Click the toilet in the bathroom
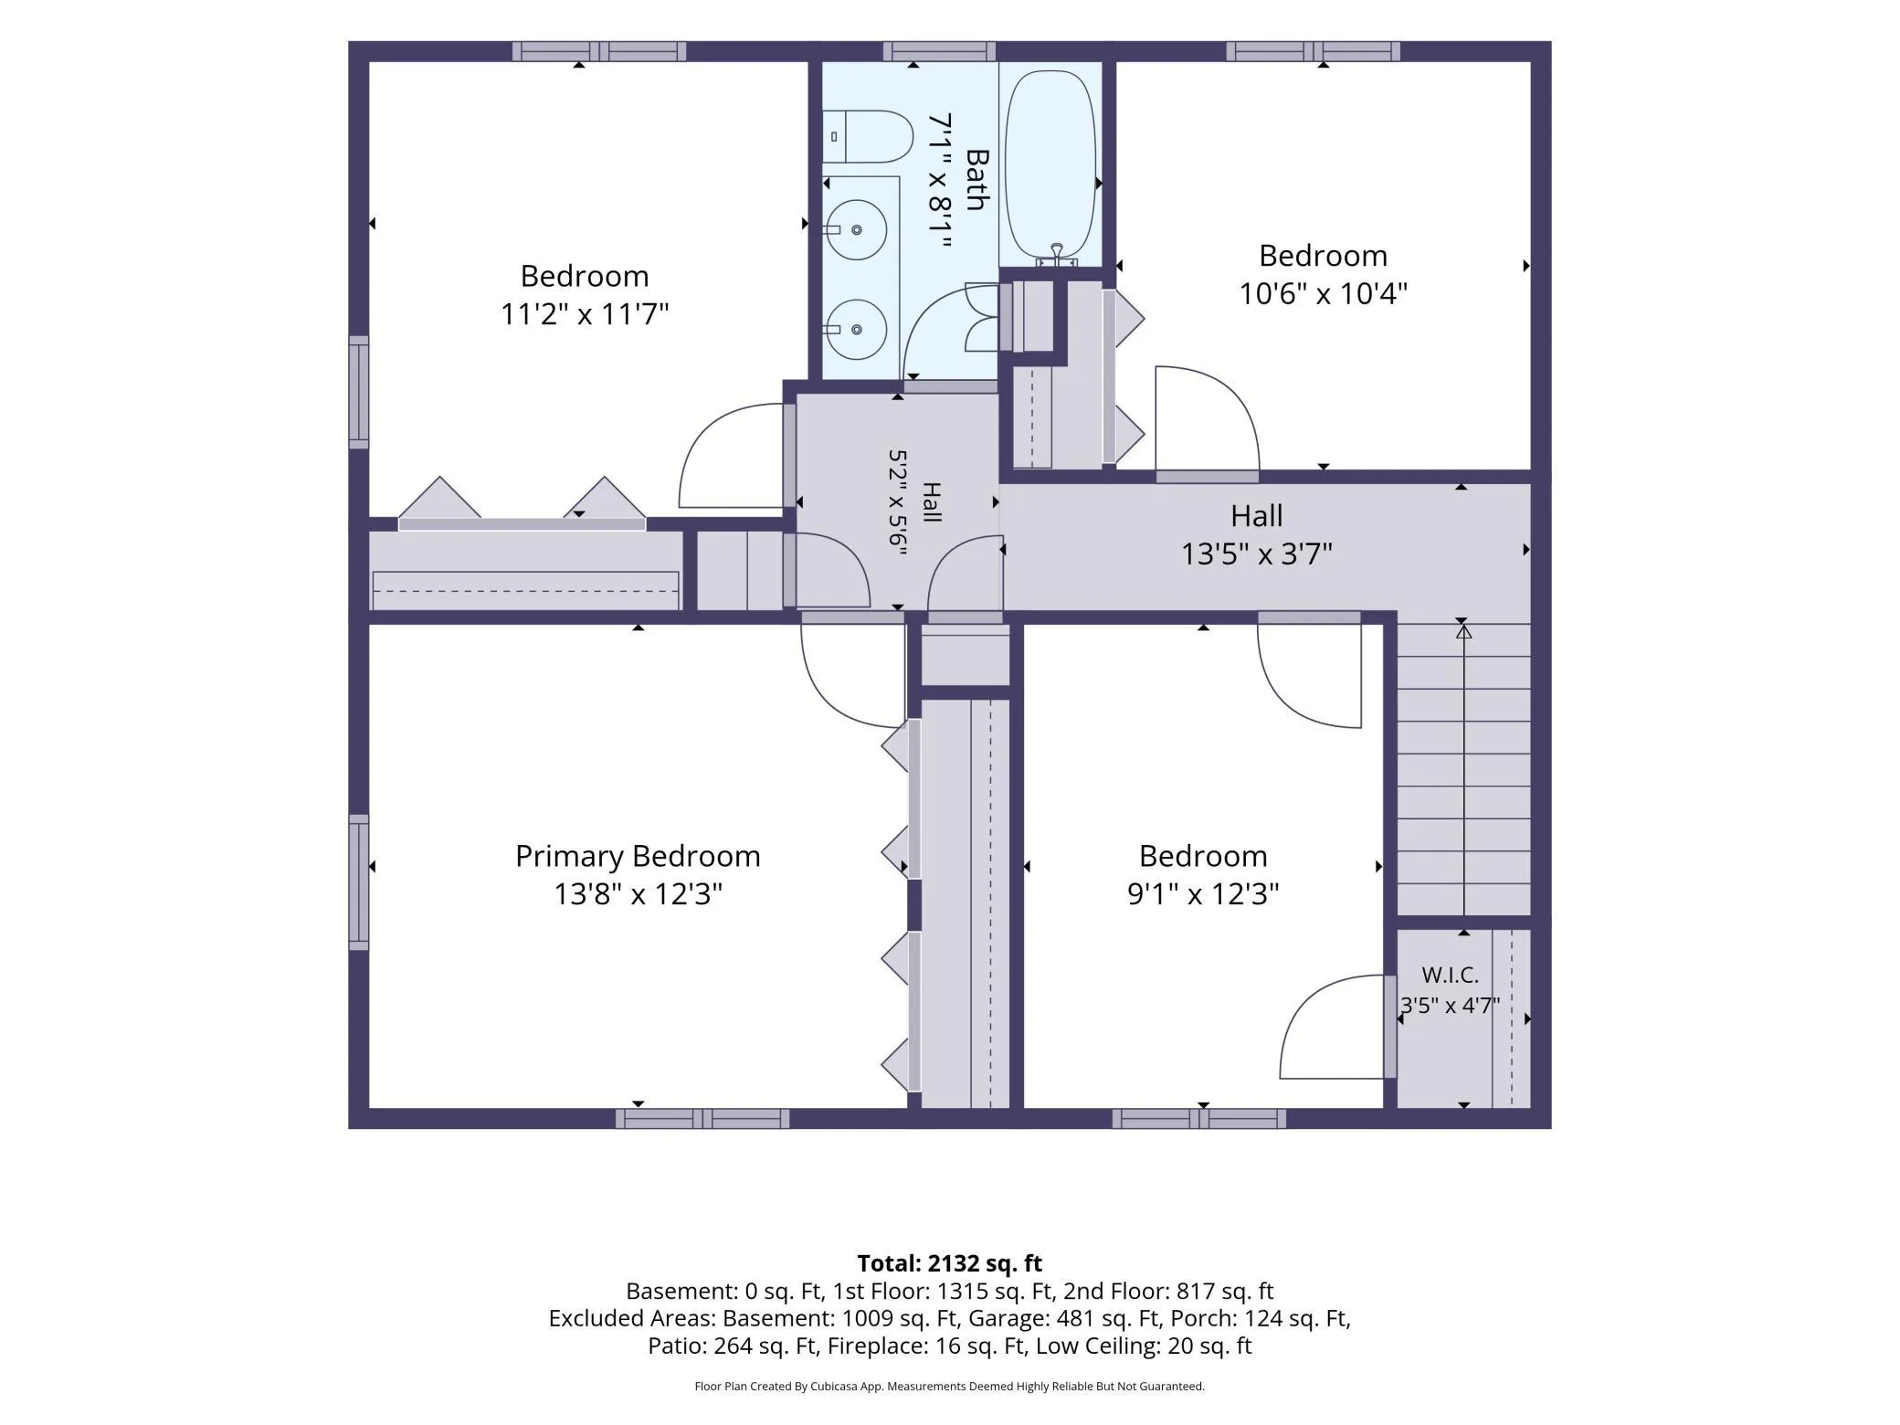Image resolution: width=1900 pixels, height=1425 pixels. [x=868, y=137]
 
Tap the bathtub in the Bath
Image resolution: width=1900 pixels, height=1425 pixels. [x=1050, y=164]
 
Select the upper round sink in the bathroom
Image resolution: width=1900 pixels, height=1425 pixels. [x=856, y=230]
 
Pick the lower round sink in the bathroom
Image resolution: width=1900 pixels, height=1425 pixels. [x=856, y=330]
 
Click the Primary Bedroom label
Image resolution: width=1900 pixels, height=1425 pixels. [x=638, y=856]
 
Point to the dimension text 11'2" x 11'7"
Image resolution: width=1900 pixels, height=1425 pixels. [x=585, y=314]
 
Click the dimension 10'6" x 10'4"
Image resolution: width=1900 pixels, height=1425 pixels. [x=1323, y=294]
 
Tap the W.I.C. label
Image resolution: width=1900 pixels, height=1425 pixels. [x=1450, y=976]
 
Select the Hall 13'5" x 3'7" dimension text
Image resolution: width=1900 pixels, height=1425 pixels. [x=1257, y=554]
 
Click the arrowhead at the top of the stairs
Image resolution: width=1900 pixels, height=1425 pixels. [x=1463, y=630]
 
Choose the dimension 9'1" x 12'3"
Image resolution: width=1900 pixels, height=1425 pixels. [x=1203, y=893]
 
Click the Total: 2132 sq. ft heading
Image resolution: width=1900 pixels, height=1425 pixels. [x=949, y=1263]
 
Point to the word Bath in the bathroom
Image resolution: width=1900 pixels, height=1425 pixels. [x=976, y=180]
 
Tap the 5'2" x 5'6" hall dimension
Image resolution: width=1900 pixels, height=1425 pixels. [x=897, y=501]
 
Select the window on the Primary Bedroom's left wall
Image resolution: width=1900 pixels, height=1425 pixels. [x=359, y=881]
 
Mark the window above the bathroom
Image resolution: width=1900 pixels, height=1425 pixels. [x=939, y=51]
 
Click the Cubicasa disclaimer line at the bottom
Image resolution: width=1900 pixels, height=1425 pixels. [x=949, y=1387]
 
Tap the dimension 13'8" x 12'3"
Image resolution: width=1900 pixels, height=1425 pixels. [x=638, y=893]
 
